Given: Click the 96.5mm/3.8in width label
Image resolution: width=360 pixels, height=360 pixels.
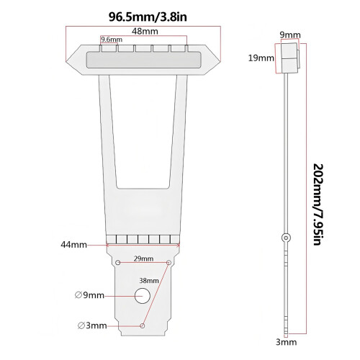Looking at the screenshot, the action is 148,17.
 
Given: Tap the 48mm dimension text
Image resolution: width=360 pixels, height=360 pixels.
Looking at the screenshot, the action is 145,31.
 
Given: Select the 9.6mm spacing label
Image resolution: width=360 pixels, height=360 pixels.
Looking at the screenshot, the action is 112,40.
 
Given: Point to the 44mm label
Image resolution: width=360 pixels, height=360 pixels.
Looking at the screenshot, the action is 73,245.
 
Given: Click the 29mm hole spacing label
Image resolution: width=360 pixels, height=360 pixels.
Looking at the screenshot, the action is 143,258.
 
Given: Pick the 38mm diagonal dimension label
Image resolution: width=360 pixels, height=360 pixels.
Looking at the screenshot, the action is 149,280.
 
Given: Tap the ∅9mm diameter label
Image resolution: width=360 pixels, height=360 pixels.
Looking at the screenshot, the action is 89,295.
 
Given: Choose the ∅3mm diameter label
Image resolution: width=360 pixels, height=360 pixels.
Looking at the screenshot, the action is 92,325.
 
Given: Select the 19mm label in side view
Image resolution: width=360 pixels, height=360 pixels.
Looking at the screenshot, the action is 261,58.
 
